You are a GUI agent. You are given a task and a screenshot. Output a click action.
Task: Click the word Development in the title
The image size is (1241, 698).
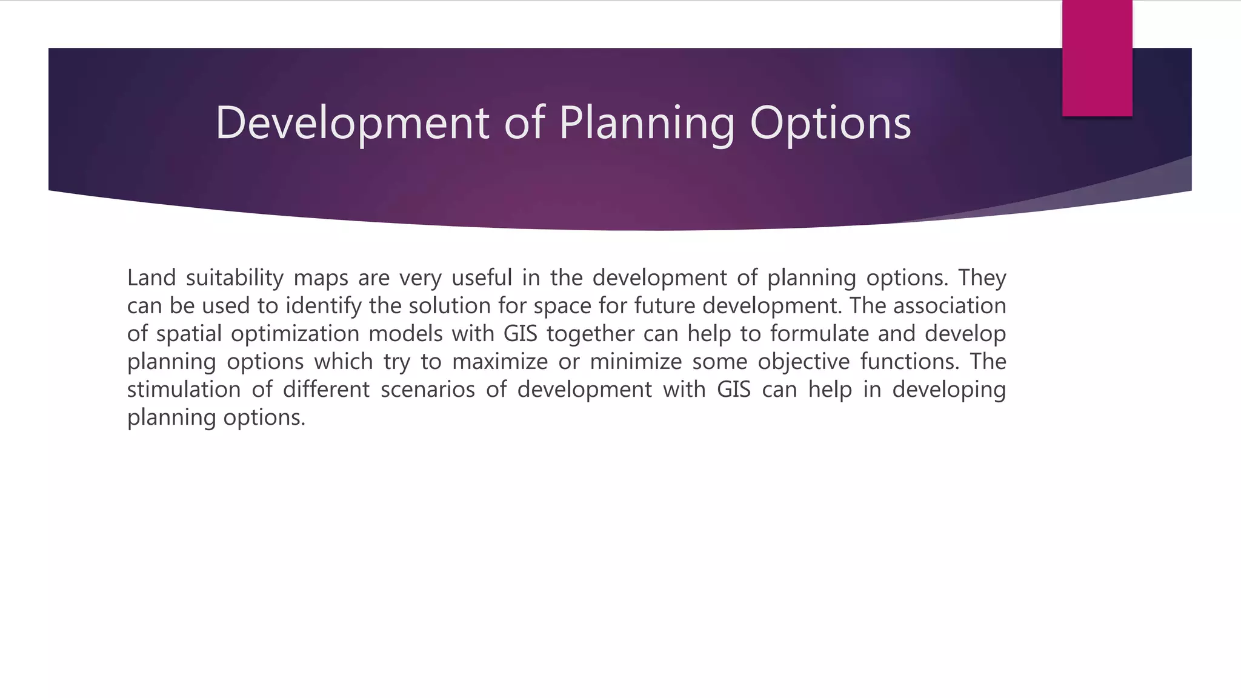click(351, 123)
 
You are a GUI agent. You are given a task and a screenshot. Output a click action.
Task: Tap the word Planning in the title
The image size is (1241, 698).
click(646, 123)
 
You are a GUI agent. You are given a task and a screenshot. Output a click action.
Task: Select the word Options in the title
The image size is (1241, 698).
click(830, 123)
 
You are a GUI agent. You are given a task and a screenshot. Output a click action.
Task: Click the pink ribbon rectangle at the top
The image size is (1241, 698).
click(1097, 58)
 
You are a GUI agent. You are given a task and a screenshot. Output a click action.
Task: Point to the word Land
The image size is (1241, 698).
click(151, 278)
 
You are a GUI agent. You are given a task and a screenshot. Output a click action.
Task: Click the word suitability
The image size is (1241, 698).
click(235, 278)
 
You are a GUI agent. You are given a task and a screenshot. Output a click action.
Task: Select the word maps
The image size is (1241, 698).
click(321, 278)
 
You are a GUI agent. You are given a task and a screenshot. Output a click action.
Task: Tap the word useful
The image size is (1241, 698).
click(482, 278)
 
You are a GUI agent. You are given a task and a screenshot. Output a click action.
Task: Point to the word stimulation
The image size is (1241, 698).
click(184, 390)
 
